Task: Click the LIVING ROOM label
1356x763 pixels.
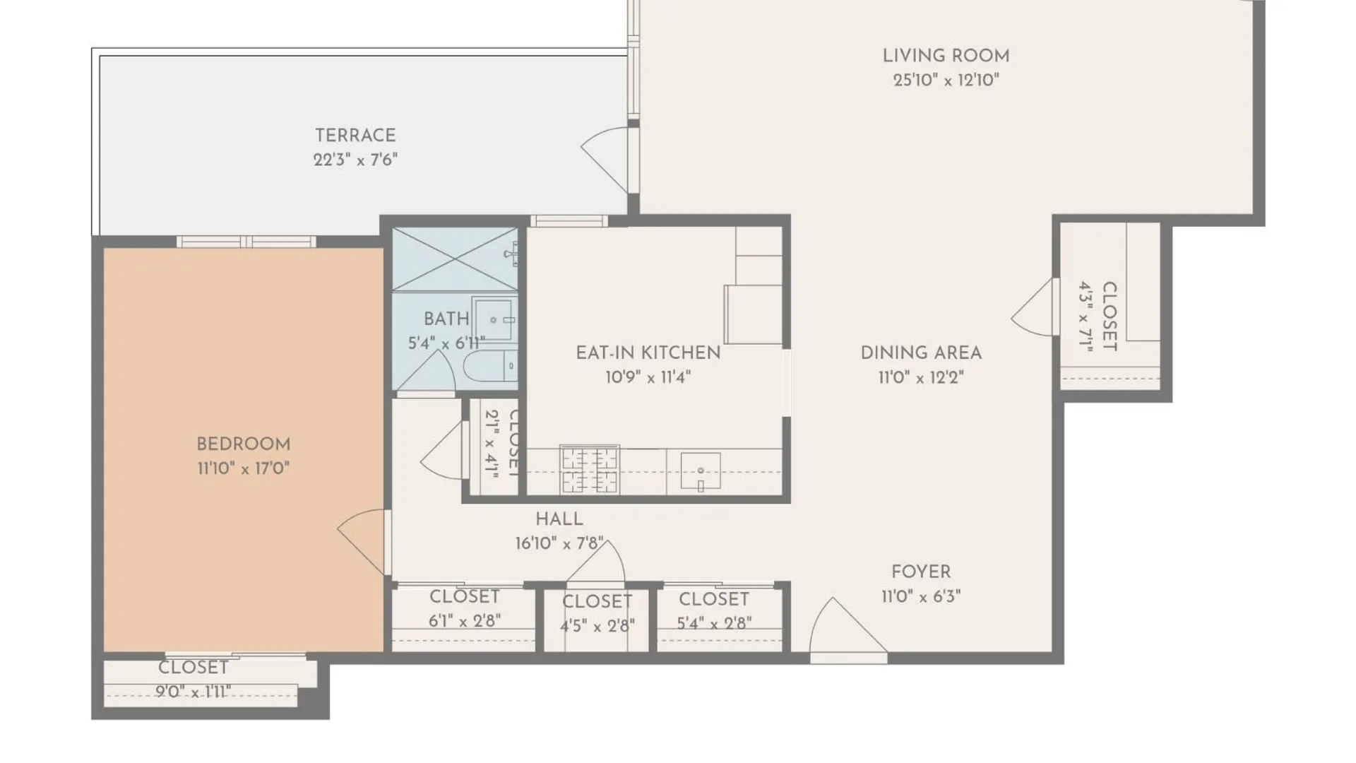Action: tap(946, 56)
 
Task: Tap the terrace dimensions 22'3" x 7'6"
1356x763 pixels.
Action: tap(355, 160)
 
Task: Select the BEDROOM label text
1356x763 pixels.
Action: tap(244, 444)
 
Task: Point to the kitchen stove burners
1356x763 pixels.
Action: tap(590, 470)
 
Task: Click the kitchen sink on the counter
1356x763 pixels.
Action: tap(701, 471)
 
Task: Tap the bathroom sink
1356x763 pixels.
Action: tap(494, 319)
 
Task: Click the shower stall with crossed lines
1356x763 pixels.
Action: tap(455, 259)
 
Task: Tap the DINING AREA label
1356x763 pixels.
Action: tap(921, 353)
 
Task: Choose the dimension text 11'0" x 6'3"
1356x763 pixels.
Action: tap(921, 596)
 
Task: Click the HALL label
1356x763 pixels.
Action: tap(559, 519)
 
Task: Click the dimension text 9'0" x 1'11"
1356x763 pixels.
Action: tap(193, 692)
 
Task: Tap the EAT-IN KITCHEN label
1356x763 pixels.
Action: tap(648, 353)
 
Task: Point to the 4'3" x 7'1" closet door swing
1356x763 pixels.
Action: tap(1033, 307)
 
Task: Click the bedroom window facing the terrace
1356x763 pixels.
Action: tap(246, 242)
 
